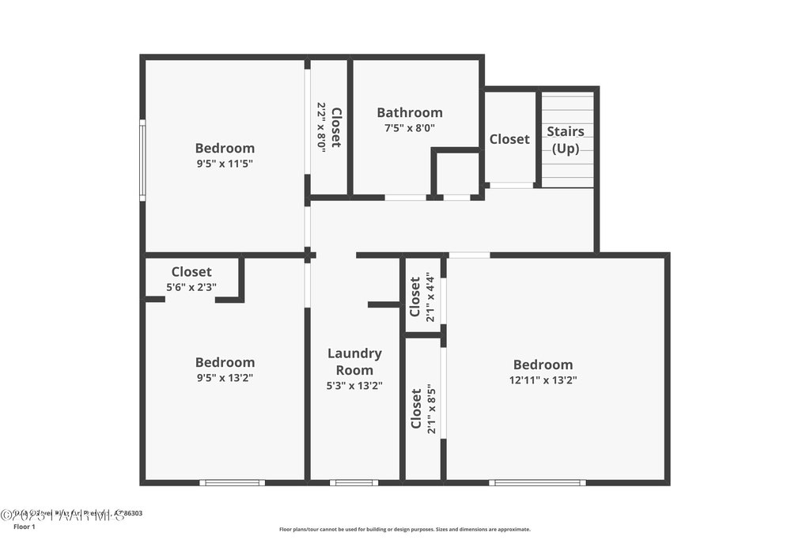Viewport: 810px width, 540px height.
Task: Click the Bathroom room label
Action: (x=409, y=112)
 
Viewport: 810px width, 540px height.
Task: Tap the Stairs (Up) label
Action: (x=566, y=140)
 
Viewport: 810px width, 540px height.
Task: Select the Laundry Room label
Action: (x=354, y=361)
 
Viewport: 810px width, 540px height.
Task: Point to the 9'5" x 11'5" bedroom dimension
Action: (x=225, y=163)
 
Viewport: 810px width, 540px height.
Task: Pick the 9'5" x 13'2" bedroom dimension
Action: (x=225, y=377)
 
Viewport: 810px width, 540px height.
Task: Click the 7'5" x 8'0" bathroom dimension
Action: (x=409, y=127)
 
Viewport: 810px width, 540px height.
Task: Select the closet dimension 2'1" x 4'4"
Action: (x=430, y=296)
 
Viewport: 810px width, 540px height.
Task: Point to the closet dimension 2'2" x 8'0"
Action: (x=322, y=127)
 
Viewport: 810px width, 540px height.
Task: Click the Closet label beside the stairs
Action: (x=509, y=139)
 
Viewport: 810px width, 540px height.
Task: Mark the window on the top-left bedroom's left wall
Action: (x=142, y=160)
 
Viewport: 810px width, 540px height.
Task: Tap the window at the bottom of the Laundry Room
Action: (x=354, y=482)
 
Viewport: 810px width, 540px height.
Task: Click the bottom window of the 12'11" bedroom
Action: (x=537, y=482)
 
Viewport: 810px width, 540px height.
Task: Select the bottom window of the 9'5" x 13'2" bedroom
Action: (x=232, y=482)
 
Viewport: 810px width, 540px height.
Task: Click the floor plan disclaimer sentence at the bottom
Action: (x=404, y=530)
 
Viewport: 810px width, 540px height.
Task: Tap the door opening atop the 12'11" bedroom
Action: (x=469, y=255)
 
